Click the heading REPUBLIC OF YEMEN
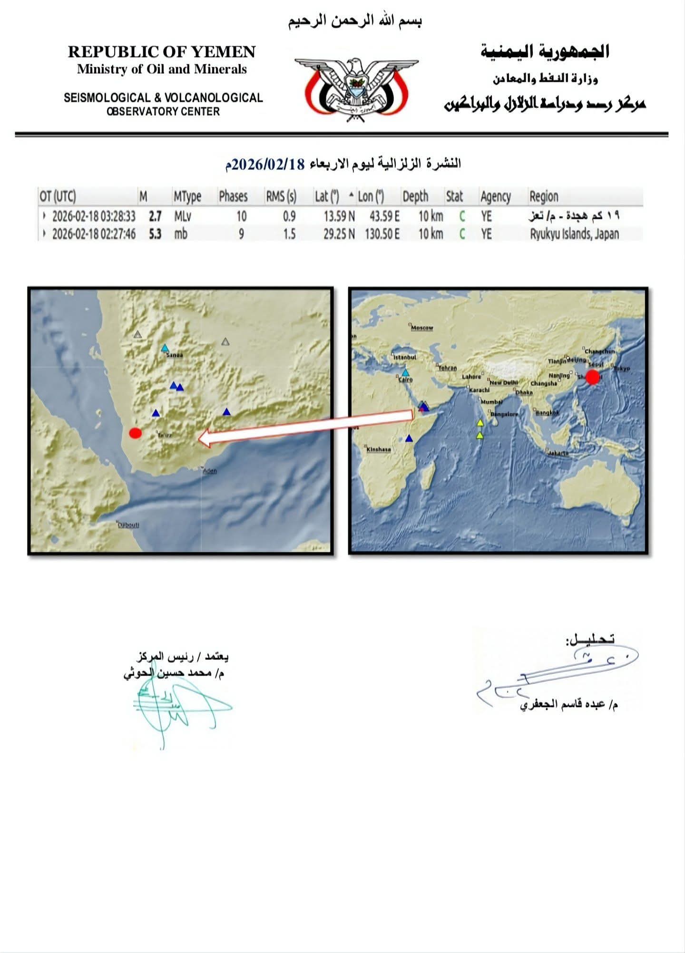click(x=162, y=51)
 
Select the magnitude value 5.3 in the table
click(x=155, y=234)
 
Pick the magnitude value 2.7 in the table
click(x=155, y=216)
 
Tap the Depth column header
click(x=415, y=196)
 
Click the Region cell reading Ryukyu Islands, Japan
click(x=575, y=234)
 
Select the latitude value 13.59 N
click(x=339, y=216)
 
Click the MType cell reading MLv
click(x=183, y=216)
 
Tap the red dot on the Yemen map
click(x=135, y=433)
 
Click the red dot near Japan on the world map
click(x=592, y=377)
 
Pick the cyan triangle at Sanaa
click(x=165, y=348)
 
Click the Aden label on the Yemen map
click(x=210, y=471)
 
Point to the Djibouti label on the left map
click(x=128, y=525)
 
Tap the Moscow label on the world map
click(x=422, y=328)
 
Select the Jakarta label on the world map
click(x=558, y=453)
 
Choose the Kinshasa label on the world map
click(x=379, y=449)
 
